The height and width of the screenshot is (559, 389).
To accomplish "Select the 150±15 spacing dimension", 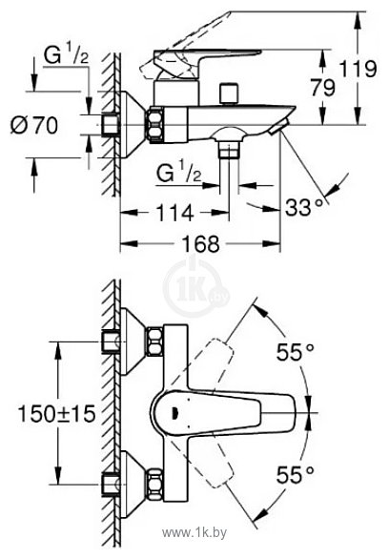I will click(x=51, y=416).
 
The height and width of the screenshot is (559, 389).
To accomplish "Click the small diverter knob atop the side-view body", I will click(x=227, y=93).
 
